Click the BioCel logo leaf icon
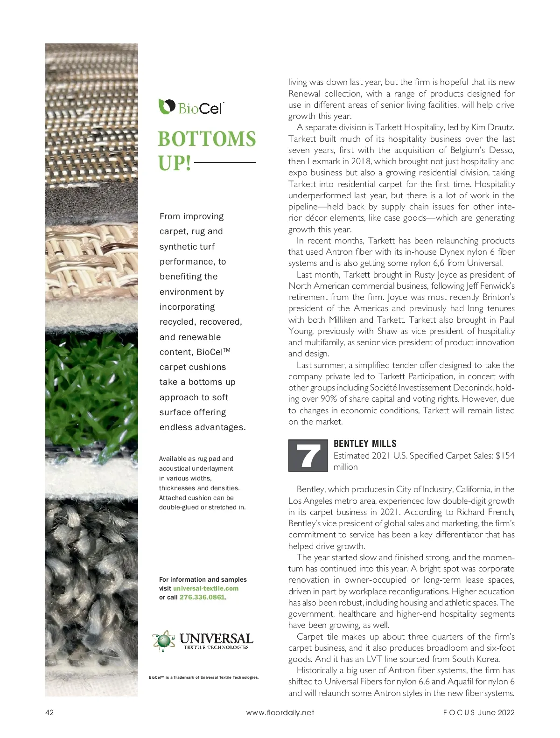[x=166, y=106]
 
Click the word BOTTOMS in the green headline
[x=207, y=139]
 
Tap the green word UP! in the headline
[x=175, y=163]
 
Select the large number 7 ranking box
[x=308, y=455]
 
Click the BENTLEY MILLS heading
[x=365, y=444]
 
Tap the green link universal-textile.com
[x=206, y=588]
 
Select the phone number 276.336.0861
[x=202, y=597]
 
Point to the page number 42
[x=49, y=712]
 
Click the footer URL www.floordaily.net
[x=280, y=712]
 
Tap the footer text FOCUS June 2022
[x=479, y=712]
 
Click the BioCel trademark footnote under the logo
[x=203, y=677]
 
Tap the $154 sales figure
[x=504, y=456]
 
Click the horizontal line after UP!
[x=225, y=162]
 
